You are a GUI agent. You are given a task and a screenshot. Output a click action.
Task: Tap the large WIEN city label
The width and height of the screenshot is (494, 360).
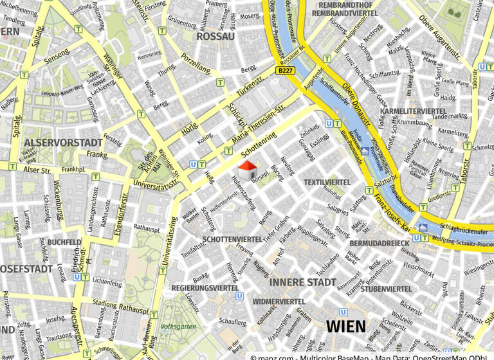345,326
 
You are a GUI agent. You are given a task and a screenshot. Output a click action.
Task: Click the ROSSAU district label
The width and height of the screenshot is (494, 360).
214,37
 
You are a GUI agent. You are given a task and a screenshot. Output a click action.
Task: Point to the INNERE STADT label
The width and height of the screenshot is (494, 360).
302,282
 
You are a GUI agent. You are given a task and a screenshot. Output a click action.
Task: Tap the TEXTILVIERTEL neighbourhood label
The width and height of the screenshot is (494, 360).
327,183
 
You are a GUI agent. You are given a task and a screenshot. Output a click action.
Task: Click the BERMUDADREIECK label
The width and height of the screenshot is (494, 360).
380,244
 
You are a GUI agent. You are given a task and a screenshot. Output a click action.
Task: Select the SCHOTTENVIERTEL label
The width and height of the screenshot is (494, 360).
232,239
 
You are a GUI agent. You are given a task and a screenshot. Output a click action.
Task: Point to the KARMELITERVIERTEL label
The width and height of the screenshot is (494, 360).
414,111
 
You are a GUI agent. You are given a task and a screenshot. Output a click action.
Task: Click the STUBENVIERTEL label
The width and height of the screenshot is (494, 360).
386,289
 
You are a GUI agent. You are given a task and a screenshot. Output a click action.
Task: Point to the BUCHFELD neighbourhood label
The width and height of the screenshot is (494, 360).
64,242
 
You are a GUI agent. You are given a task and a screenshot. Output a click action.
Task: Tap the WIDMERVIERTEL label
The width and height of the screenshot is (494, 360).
279,301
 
